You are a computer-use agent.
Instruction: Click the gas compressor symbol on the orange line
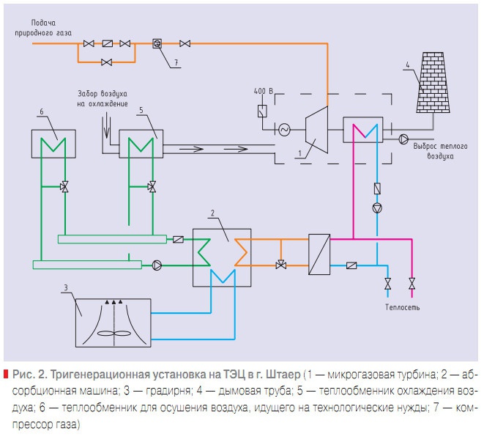pyautogui.click(x=156, y=44)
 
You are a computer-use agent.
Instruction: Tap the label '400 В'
pyautogui.click(x=272, y=91)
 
